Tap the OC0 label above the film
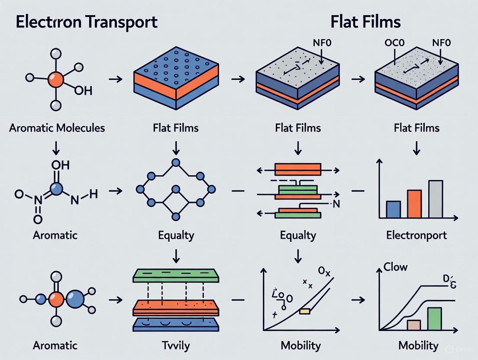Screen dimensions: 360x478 click(394, 43)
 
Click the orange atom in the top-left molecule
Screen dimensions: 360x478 click(56, 80)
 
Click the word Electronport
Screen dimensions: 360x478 click(416, 235)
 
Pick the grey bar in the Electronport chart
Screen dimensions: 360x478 click(435, 199)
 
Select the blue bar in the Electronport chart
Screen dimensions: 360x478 click(393, 209)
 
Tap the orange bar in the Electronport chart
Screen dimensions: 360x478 click(414, 203)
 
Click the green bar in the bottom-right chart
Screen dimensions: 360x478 click(434, 319)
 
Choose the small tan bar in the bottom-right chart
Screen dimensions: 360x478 click(413, 325)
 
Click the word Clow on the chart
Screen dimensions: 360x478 click(395, 267)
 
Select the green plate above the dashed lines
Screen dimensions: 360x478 click(176, 276)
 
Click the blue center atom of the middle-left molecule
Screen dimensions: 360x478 click(56, 189)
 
